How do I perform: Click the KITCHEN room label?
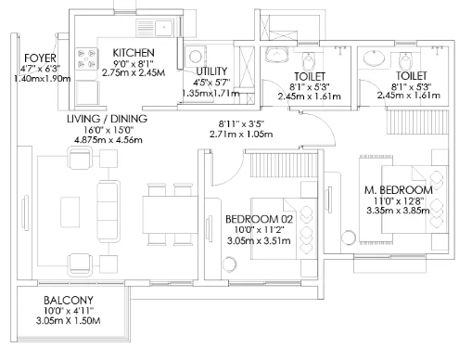(134, 53)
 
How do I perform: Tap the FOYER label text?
(40, 58)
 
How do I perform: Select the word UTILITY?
(211, 71)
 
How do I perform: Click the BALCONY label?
(69, 301)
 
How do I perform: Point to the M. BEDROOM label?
(399, 190)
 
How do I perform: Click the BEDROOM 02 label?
(259, 219)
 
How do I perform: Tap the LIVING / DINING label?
(107, 119)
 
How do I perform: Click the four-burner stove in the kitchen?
(87, 58)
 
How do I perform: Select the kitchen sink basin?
(164, 28)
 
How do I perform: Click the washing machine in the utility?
(196, 57)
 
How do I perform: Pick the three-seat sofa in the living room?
(108, 211)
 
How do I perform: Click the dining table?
(171, 214)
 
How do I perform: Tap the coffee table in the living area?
(70, 212)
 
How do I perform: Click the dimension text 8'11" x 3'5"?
(241, 124)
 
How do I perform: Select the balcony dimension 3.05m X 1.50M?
(69, 321)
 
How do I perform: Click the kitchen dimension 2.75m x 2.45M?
(134, 73)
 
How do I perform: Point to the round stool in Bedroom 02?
(229, 264)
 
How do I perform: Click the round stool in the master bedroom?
(349, 238)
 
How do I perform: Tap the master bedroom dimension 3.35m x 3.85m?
(398, 211)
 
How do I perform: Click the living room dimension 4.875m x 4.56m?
(108, 140)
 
